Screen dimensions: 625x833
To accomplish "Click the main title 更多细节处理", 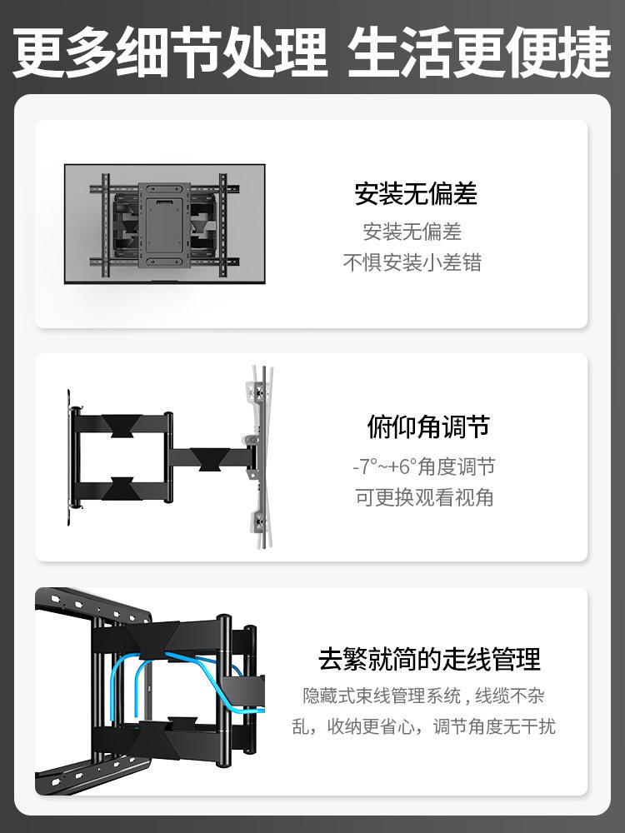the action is (170, 53).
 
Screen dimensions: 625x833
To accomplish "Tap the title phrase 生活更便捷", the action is (479, 53).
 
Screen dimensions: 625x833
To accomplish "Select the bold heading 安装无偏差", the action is (416, 193).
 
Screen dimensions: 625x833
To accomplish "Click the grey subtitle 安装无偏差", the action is (412, 232).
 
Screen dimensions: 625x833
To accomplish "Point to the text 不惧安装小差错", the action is (412, 262).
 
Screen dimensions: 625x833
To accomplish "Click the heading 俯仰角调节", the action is (428, 426).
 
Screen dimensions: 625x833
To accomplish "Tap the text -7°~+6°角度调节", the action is (424, 466).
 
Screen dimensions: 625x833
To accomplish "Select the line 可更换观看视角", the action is (424, 497).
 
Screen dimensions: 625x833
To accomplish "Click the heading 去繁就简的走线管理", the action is (429, 659).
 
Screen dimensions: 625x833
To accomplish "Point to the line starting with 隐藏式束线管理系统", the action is (423, 696).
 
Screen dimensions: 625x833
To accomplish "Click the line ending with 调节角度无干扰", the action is (423, 726).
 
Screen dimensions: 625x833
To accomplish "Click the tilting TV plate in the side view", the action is (261, 456).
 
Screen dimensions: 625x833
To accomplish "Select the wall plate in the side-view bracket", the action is (71, 457).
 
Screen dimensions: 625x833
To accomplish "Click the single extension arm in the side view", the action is (211, 456).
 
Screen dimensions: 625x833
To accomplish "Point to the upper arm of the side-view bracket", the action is (122, 425).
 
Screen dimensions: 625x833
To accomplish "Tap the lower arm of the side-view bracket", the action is (122, 490).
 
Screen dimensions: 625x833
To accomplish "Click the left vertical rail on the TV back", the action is (105, 225).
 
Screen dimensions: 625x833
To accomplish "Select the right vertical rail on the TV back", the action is (222, 225).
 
